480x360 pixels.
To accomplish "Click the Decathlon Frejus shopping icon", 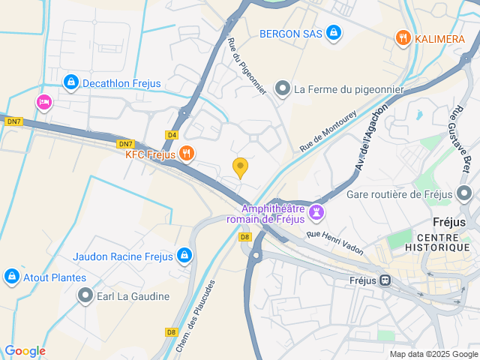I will click(x=70, y=82).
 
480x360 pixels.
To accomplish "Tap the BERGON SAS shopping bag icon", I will click(x=334, y=33).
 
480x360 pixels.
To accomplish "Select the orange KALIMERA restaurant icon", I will click(x=403, y=37).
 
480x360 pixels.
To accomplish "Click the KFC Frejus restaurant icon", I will click(x=187, y=154).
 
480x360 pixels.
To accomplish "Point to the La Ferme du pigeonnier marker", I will click(x=283, y=89).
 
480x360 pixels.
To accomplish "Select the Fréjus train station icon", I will click(x=385, y=280).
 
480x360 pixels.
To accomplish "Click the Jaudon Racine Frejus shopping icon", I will click(x=184, y=256).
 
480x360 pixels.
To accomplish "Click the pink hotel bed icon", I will click(x=43, y=102).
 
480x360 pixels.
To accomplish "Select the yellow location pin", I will click(x=240, y=167).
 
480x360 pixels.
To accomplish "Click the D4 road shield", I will click(x=172, y=135).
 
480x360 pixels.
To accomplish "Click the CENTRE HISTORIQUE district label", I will click(x=437, y=241).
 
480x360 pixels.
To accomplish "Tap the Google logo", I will click(x=25, y=351).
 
